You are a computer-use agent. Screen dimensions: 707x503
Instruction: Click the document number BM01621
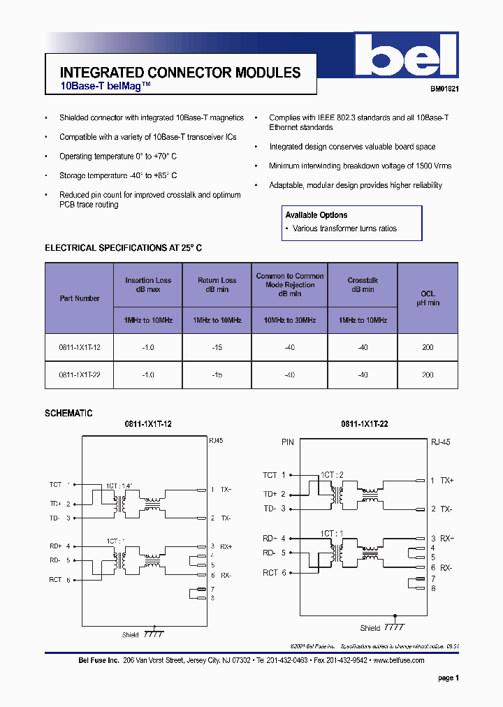444,89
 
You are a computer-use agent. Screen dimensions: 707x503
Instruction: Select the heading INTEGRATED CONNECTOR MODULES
180,73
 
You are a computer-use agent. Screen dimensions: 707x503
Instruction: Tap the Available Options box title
316,215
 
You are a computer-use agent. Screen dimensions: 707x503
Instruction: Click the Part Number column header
80,298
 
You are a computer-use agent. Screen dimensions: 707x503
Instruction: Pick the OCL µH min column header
428,298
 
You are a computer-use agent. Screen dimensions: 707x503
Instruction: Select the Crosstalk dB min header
363,284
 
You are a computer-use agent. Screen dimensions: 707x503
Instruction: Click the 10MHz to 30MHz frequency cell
289,320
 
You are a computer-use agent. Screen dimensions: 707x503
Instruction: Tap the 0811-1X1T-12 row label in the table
80,347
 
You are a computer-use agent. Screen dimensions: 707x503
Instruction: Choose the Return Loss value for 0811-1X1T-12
217,347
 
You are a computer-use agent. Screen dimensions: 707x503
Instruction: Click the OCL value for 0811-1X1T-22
428,375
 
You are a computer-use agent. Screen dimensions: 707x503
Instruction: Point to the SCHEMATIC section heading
68,414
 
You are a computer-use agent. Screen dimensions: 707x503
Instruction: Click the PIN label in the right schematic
288,442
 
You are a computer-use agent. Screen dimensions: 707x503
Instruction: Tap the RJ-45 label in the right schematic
441,442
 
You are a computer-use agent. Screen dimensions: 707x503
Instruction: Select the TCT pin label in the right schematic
270,475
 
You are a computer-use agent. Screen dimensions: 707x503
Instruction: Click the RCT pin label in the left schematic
55,580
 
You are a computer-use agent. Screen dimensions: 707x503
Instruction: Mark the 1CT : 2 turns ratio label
332,474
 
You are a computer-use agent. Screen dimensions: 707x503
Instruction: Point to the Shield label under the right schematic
370,628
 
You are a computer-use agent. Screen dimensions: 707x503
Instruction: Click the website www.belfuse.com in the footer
399,660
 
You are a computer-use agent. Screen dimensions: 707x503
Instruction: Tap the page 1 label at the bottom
448,678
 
